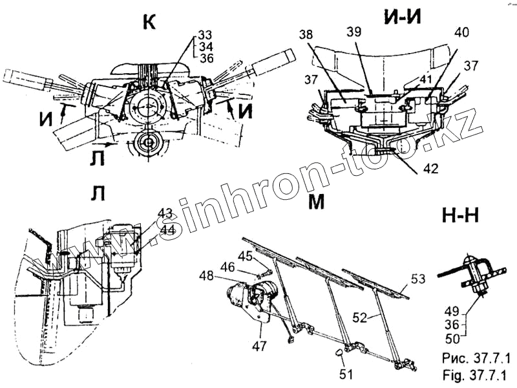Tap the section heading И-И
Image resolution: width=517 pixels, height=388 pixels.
[x=402, y=17]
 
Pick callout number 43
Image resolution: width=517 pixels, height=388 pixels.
[x=165, y=213]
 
